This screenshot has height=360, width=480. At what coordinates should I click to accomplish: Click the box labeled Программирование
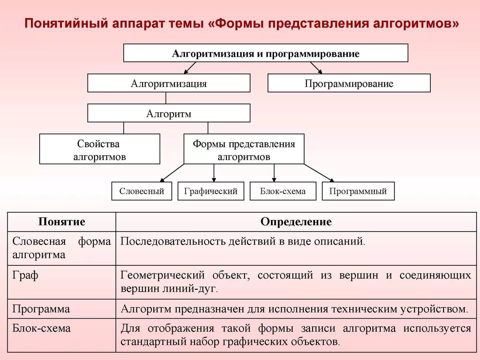click(x=349, y=83)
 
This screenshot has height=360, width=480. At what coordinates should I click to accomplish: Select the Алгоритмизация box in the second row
click(x=169, y=83)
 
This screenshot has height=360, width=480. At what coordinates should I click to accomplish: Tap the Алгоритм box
click(x=169, y=113)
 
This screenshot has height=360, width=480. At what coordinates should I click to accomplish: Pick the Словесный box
click(x=142, y=191)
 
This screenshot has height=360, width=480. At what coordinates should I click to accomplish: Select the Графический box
click(x=211, y=191)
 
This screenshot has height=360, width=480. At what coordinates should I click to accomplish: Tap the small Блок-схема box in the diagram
click(x=283, y=191)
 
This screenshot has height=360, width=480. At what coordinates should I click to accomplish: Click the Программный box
click(x=358, y=191)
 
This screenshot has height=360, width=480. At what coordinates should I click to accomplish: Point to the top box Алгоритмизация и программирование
click(x=266, y=53)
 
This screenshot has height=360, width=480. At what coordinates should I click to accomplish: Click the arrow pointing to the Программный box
click(x=319, y=173)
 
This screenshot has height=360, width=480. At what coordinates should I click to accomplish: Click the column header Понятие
click(x=62, y=222)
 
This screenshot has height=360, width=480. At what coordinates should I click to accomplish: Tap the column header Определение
click(x=296, y=222)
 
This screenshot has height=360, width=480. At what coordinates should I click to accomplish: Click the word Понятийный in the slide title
click(x=66, y=23)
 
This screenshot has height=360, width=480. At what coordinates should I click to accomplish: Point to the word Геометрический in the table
click(x=163, y=275)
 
